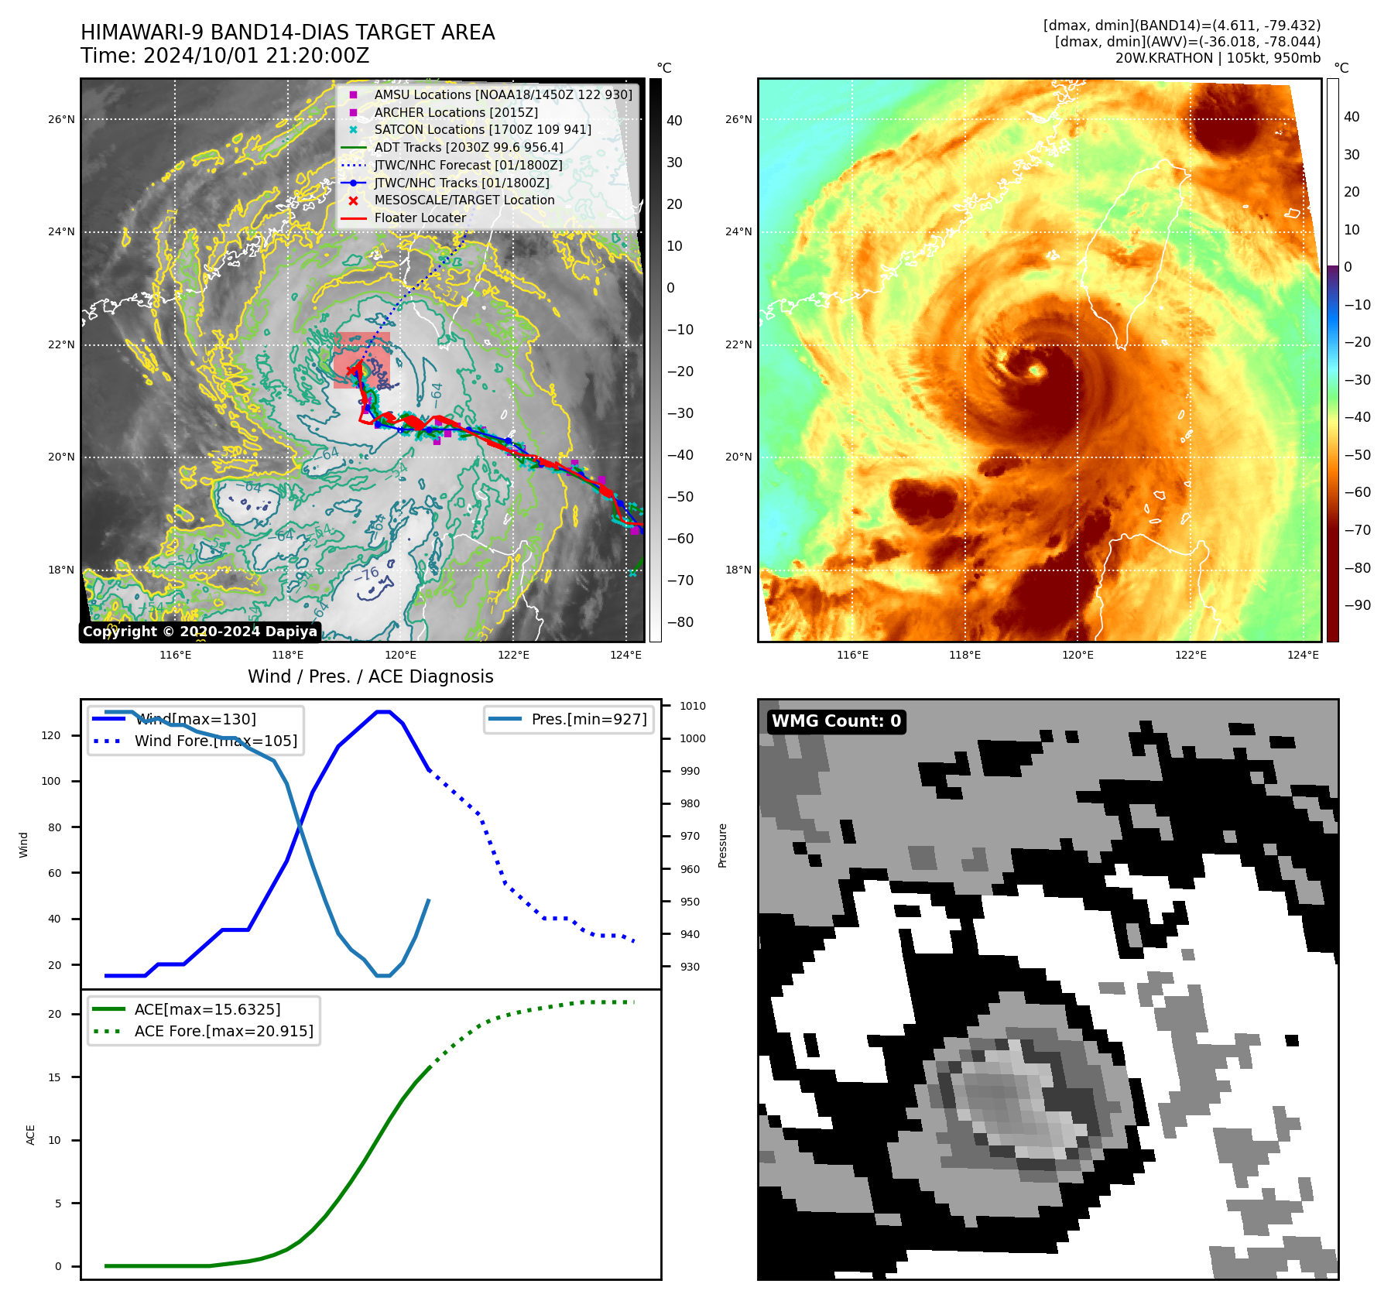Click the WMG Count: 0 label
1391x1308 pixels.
tap(836, 721)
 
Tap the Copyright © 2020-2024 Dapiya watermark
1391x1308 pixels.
tap(200, 632)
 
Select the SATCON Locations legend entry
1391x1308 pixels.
tap(482, 130)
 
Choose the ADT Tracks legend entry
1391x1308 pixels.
tap(468, 147)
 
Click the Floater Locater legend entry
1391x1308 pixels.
tap(420, 218)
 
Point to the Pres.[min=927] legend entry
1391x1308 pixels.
tap(588, 719)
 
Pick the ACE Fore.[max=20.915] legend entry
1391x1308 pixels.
tap(224, 1031)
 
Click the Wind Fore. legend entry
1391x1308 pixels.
tap(215, 741)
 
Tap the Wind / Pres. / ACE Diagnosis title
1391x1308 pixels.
tap(370, 676)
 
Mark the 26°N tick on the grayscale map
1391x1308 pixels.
tap(61, 119)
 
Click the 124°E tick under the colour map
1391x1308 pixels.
tap(1303, 655)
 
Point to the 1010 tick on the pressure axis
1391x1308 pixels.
tap(693, 706)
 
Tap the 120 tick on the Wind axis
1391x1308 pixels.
tap(51, 735)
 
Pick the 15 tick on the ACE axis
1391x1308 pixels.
tap(54, 1077)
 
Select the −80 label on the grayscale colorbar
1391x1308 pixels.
tap(680, 622)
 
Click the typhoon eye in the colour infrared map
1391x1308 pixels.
tap(1034, 371)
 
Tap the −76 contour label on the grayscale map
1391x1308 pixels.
tap(367, 574)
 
